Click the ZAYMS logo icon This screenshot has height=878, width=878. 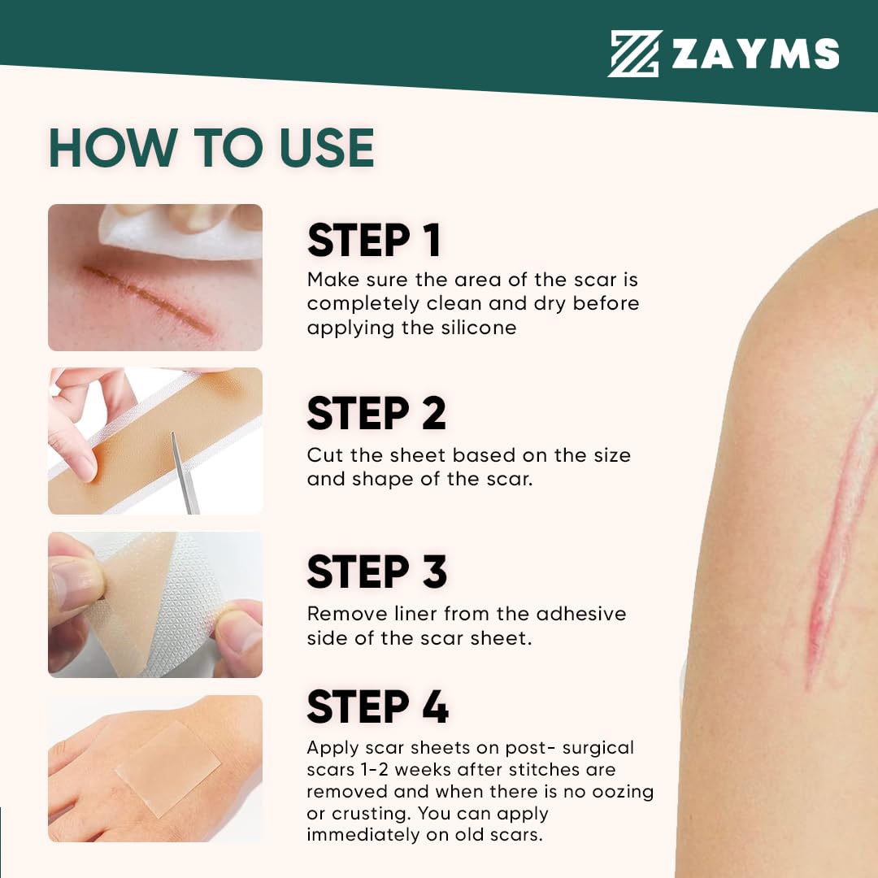(x=634, y=53)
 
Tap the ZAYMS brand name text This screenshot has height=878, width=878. (x=754, y=54)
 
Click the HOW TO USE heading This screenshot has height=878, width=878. (x=211, y=148)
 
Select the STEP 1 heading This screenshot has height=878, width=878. (x=373, y=240)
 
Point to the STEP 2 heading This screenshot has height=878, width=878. (x=376, y=413)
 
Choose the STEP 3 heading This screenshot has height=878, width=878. (x=377, y=572)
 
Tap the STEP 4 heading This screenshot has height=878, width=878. (x=377, y=706)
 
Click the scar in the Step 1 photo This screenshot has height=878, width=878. (x=149, y=300)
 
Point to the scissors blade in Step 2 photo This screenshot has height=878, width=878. (x=184, y=473)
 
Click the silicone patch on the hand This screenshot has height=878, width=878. (x=168, y=768)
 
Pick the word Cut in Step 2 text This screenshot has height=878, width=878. (x=325, y=455)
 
